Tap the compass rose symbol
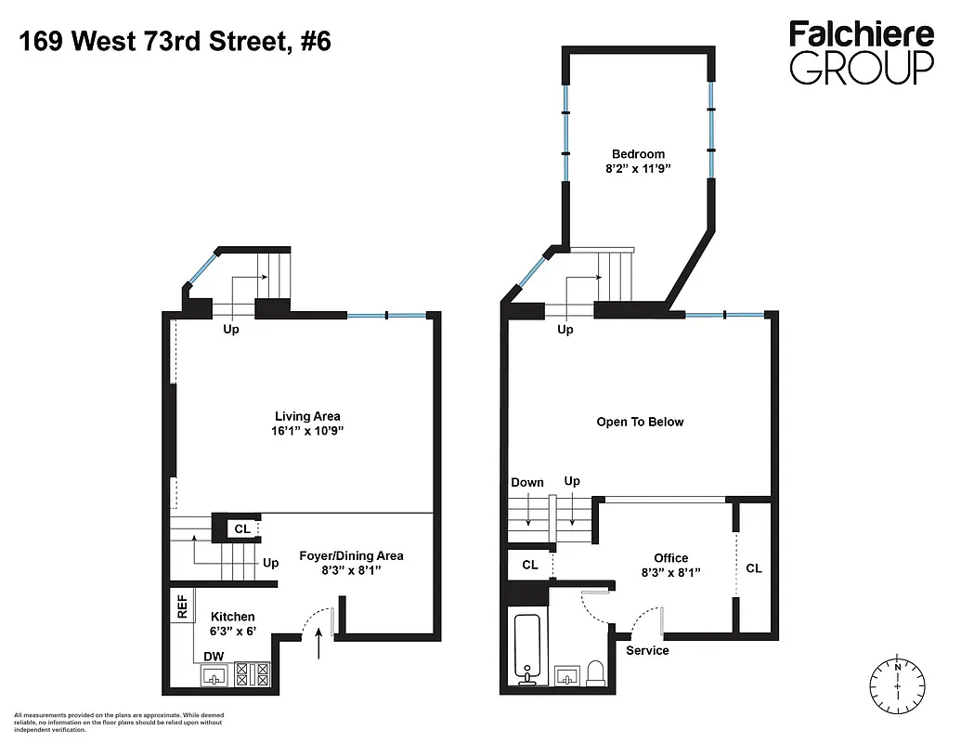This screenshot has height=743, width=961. pyautogui.click(x=898, y=684)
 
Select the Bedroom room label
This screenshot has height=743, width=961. pyautogui.click(x=638, y=154)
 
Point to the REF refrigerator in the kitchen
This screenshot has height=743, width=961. pyautogui.click(x=182, y=608)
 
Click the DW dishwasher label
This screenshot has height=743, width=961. pyautogui.click(x=214, y=656)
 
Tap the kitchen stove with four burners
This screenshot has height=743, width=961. pyautogui.click(x=252, y=673)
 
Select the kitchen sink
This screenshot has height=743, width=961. pyautogui.click(x=215, y=675)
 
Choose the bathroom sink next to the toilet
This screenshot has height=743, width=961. pyautogui.click(x=565, y=674)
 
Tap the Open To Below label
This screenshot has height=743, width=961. pyautogui.click(x=640, y=422)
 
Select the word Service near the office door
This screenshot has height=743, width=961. pyautogui.click(x=647, y=650)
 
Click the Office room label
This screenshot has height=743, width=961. pyautogui.click(x=670, y=558)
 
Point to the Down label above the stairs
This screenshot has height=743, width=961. pyautogui.click(x=527, y=482)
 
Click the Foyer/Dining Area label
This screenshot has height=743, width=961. pyautogui.click(x=351, y=555)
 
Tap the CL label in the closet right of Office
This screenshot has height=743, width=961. pyautogui.click(x=753, y=567)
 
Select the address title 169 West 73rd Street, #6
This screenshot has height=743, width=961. pyautogui.click(x=174, y=42)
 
